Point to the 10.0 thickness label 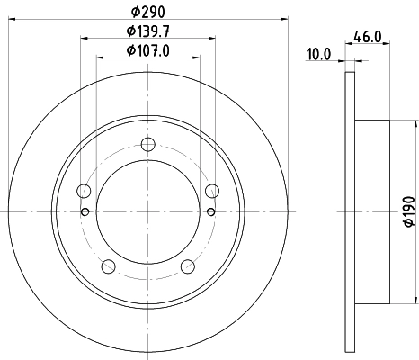(x=319, y=53)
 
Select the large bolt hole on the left (x=85, y=190)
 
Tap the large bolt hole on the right (x=212, y=190)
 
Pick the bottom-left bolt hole (x=109, y=265)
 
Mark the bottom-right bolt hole (x=188, y=265)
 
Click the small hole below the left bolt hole (x=85, y=212)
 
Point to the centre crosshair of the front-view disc (x=148, y=211)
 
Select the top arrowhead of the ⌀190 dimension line (x=416, y=123)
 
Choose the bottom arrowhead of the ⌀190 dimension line (x=416, y=299)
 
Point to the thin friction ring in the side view (x=350, y=211)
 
